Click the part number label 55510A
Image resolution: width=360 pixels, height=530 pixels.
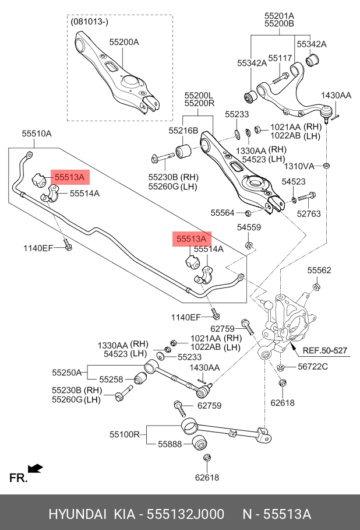(37, 134)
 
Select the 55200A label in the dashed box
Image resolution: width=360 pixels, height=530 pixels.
(124, 42)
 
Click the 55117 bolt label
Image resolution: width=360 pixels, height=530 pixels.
(280, 58)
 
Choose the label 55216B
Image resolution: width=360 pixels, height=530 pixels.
(183, 131)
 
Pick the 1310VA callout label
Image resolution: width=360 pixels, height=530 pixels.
(299, 166)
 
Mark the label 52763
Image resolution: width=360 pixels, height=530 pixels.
(309, 214)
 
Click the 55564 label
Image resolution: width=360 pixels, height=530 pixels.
(222, 213)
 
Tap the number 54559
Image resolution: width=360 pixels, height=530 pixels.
(249, 227)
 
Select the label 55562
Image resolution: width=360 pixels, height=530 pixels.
(319, 270)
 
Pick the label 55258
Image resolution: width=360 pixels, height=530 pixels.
(111, 380)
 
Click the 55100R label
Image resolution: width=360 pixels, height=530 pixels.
(124, 434)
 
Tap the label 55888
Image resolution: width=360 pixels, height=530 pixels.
(170, 444)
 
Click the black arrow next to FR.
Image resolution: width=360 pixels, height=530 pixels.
(36, 468)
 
